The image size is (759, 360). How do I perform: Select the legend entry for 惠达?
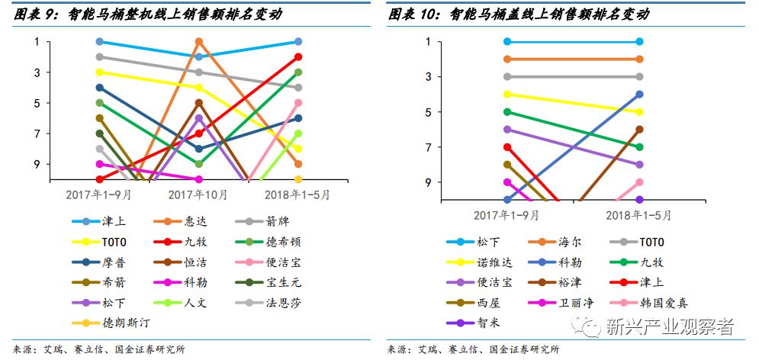coord(196,222)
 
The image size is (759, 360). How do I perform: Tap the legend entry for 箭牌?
coord(278,222)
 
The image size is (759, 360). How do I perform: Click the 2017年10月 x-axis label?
coord(198,194)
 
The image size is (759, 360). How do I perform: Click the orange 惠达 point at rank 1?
coord(199,41)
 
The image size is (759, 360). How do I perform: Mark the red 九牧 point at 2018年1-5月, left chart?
coord(298,56)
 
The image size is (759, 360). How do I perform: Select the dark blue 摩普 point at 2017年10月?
coord(199,149)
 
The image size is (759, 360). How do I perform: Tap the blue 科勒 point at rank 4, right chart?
coord(639,95)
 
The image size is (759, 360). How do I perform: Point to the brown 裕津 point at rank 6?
coord(639,130)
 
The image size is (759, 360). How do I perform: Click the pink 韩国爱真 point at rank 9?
coord(639,182)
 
